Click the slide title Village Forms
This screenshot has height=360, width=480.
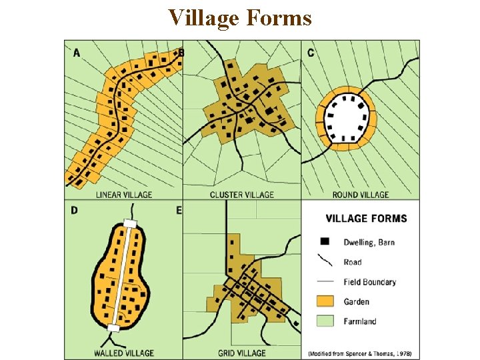pyautogui.click(x=240, y=17)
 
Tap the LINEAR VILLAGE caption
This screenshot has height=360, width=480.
pyautogui.click(x=124, y=195)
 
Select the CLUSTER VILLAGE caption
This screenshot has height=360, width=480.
pyautogui.click(x=241, y=195)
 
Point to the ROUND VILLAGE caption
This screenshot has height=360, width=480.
pyautogui.click(x=360, y=195)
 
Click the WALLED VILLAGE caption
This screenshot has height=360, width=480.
pyautogui.click(x=124, y=353)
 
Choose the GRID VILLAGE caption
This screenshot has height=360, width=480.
pyautogui.click(x=241, y=353)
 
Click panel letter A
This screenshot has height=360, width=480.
pyautogui.click(x=77, y=53)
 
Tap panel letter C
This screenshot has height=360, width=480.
pyautogui.click(x=311, y=53)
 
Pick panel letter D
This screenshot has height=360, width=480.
pyautogui.click(x=74, y=211)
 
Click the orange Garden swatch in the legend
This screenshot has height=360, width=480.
pyautogui.click(x=325, y=301)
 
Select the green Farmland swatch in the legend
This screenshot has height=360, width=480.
pyautogui.click(x=325, y=321)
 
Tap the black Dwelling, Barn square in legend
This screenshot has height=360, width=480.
pyautogui.click(x=325, y=241)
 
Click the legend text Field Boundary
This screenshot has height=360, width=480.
pyautogui.click(x=369, y=282)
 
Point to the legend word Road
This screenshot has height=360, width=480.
pyautogui.click(x=353, y=262)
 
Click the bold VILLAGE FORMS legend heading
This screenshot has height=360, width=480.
pyautogui.click(x=366, y=218)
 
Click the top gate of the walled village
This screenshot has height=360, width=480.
pyautogui.click(x=129, y=225)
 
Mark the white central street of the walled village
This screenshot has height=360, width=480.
pyautogui.click(x=121, y=275)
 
